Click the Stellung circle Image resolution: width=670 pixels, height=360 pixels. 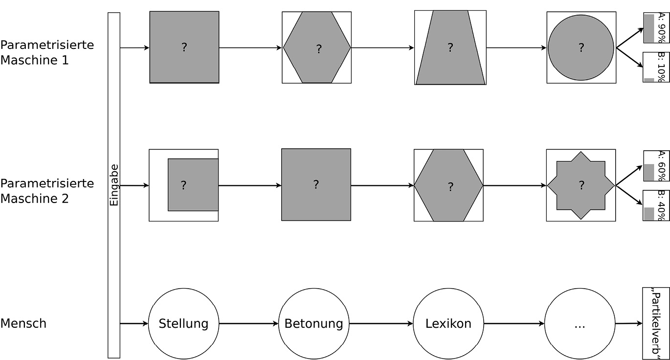183,324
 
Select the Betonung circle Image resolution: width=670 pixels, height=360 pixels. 313,324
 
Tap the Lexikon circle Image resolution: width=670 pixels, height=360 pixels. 448,324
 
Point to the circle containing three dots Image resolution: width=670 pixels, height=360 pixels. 580,324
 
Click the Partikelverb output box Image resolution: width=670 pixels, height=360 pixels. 655,323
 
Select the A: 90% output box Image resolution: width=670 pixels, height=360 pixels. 656,28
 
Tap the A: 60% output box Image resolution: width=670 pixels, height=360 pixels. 656,166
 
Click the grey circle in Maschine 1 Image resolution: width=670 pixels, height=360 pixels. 581,47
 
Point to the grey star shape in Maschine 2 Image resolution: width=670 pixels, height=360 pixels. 581,185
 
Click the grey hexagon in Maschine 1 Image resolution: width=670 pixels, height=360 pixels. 317,48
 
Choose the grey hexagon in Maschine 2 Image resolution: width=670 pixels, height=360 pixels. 448,185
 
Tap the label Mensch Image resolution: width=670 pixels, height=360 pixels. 23,323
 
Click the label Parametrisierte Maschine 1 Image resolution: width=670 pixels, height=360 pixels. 47,52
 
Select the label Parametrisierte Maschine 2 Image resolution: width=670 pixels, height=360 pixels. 47,191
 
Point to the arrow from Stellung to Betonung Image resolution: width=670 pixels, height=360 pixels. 249,324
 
